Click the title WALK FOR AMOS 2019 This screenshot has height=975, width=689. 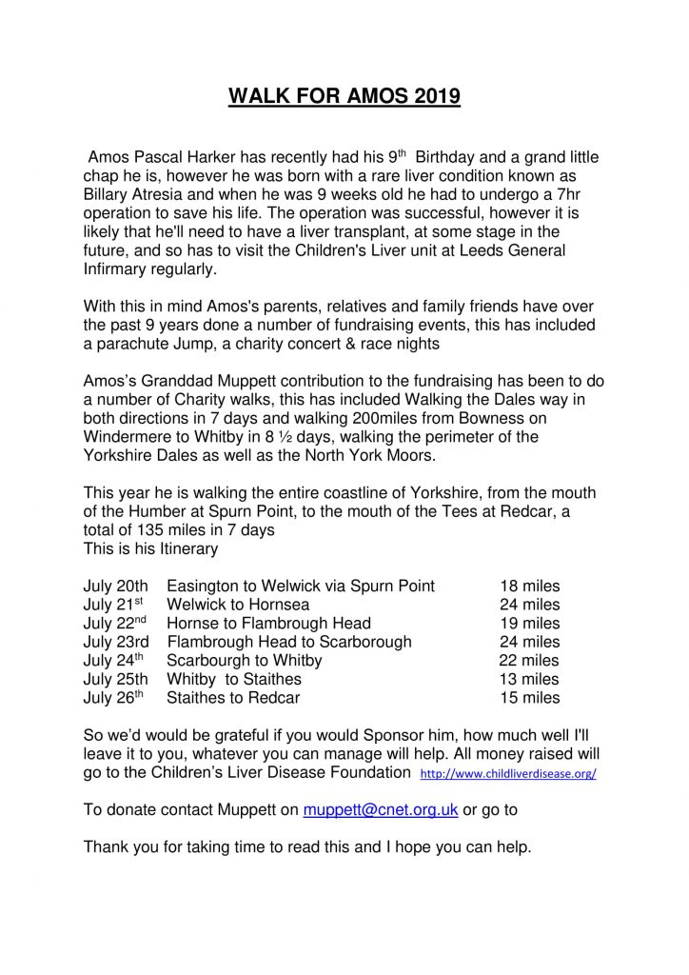click(x=344, y=97)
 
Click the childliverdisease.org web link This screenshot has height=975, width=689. click(x=508, y=774)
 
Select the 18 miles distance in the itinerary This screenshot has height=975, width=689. click(x=530, y=586)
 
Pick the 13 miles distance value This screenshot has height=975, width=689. click(x=530, y=679)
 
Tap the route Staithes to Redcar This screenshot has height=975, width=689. click(x=233, y=698)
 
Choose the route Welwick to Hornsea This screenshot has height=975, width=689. click(x=238, y=605)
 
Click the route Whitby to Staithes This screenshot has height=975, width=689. click(x=234, y=679)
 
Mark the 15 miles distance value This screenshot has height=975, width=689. click(x=530, y=698)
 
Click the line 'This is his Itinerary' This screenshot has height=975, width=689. click(x=150, y=548)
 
